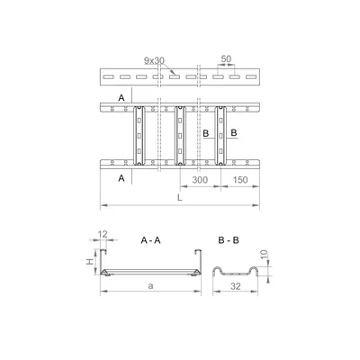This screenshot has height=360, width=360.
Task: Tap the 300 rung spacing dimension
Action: (201, 181)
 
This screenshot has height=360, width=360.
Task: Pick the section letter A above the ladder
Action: (121, 96)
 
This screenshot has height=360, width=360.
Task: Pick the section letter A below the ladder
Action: (121, 178)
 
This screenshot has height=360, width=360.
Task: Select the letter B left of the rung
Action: (205, 133)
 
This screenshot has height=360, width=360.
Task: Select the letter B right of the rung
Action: (233, 133)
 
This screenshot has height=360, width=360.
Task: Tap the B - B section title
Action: (229, 240)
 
